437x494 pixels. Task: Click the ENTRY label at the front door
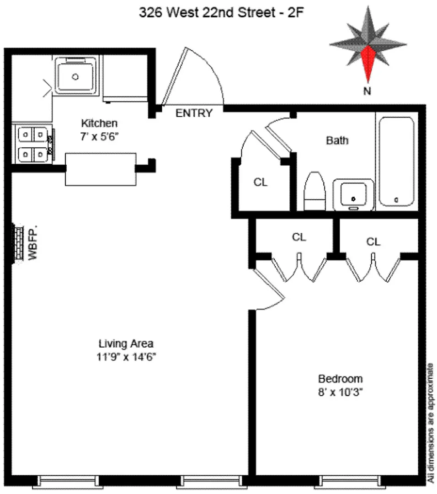pos(194,113)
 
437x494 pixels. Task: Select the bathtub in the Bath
pos(397,161)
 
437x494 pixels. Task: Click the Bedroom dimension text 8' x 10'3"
pos(340,392)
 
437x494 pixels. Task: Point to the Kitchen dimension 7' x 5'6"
pos(99,136)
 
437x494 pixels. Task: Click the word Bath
pos(337,140)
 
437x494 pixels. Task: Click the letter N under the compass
pos(367,91)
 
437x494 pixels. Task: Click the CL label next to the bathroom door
pos(261,182)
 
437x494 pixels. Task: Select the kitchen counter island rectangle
pos(101,169)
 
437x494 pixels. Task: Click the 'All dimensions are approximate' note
pos(431,423)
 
